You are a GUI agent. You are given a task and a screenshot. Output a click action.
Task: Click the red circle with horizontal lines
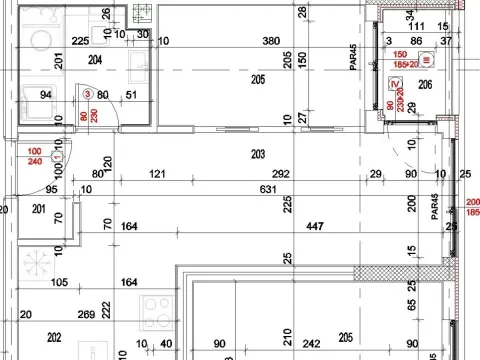click(427, 59)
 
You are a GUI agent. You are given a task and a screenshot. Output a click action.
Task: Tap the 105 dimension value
click(59, 282)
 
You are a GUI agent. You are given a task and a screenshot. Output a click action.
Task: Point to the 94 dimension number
click(45, 95)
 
